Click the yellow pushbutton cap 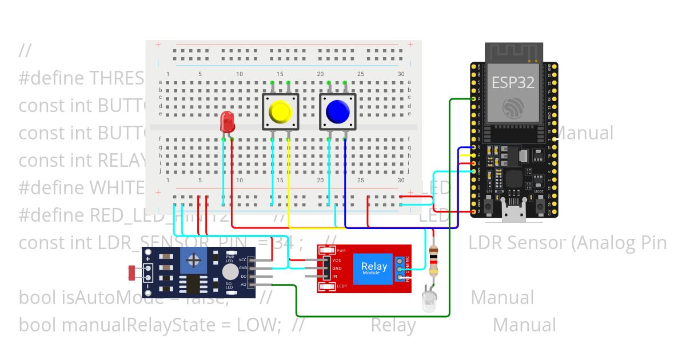point(280,111)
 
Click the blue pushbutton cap point(337,111)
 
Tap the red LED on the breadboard point(227,121)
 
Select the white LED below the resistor point(429,300)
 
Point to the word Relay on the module point(374,266)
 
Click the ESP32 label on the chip point(513,82)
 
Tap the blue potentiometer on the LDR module point(194,261)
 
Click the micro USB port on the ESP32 point(513,211)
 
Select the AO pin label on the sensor point(244,284)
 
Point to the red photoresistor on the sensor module point(132,273)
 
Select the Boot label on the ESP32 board point(539,191)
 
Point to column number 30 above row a point(401,74)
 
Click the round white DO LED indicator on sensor point(230,271)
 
